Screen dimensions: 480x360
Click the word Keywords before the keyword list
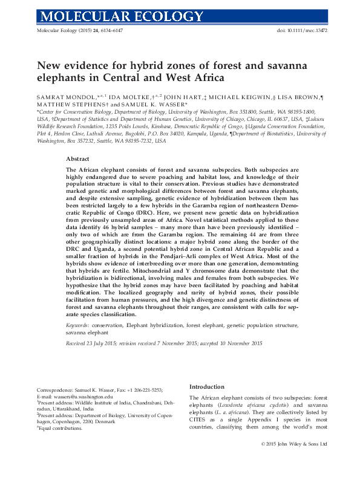(x=79, y=325)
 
